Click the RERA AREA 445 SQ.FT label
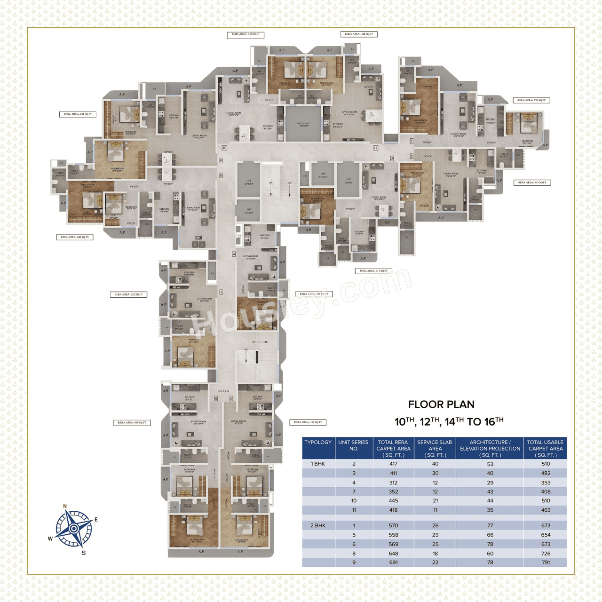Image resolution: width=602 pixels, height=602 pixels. (246, 34)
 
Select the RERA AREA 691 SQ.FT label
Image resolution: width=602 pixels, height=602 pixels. (78, 114)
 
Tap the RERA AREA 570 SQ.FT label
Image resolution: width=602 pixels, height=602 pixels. (531, 100)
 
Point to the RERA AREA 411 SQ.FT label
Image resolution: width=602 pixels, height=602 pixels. (373, 271)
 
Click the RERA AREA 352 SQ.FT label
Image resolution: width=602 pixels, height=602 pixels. (129, 294)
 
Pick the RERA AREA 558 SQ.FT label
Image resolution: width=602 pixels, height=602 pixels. (308, 422)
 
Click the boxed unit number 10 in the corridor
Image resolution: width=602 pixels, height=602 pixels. (224, 148)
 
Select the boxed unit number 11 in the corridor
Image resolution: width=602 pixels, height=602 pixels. (375, 148)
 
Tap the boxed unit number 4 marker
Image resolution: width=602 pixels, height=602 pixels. (234, 254)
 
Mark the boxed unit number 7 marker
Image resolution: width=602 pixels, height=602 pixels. (221, 292)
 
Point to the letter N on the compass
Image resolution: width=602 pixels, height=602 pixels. (65, 507)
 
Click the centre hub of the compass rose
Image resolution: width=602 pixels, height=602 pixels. (74, 529)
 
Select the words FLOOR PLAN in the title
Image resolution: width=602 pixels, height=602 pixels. (441, 404)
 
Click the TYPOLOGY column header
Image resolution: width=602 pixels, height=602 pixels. (318, 443)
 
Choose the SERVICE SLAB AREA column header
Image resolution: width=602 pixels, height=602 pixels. (435, 448)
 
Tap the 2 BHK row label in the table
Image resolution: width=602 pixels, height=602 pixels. (318, 525)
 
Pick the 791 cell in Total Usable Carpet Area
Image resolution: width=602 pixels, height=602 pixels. (546, 562)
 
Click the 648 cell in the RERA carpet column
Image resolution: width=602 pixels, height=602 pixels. (393, 554)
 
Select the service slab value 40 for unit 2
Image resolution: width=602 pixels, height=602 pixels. (435, 464)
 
